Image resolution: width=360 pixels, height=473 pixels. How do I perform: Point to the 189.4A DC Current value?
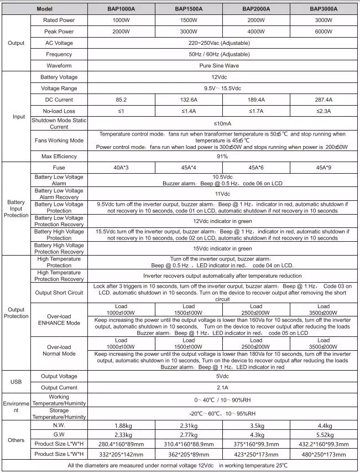(255, 100)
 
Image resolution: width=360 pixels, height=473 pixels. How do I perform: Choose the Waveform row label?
(59, 65)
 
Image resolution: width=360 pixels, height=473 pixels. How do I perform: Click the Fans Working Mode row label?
(59, 141)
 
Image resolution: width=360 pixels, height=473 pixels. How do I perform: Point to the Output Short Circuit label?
(59, 293)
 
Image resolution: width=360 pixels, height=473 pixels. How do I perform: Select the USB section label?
(16, 382)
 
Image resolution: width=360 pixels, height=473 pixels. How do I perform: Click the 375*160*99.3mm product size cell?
(255, 444)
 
